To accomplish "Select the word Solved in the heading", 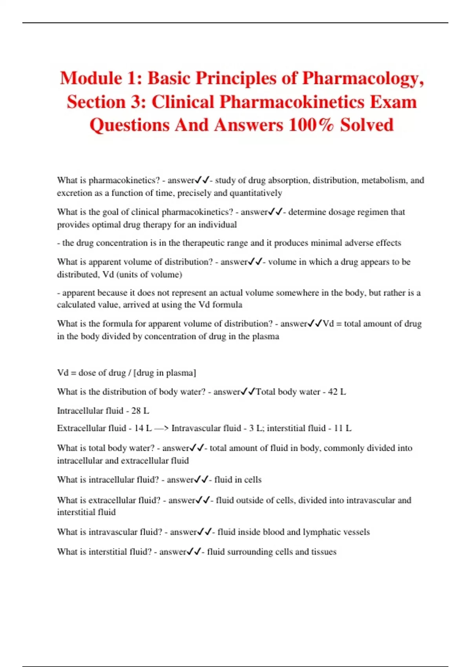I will click(367, 125).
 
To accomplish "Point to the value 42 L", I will click(337, 392).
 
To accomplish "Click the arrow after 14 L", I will click(161, 428).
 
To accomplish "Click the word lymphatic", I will click(322, 532).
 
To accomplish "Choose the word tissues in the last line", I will click(323, 552).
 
